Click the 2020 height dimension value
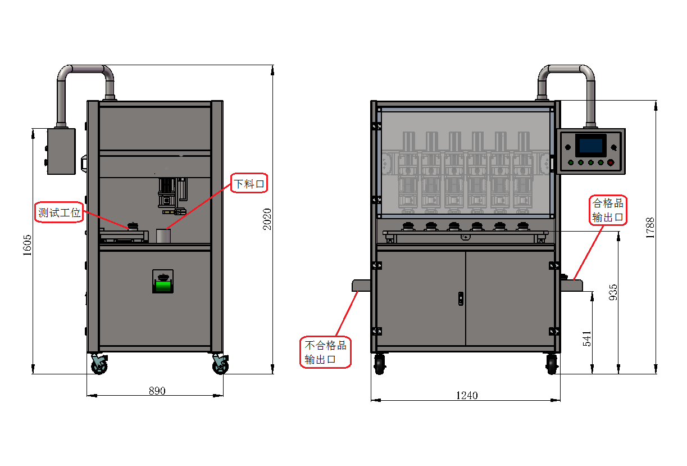coord(267,220)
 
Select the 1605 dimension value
coord(27,246)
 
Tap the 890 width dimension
coord(157,391)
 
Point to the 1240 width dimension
coord(466,396)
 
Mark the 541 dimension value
coord(587,338)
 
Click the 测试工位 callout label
coord(58,213)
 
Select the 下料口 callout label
coord(248,183)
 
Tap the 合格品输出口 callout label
coord(607,210)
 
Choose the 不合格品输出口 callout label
coord(325,352)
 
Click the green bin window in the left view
coord(163,286)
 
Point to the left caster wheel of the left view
coord(99,365)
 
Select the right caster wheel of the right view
coord(552,364)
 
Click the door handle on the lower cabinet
coord(461,298)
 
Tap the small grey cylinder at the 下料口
coord(163,236)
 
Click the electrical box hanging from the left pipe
coord(61,151)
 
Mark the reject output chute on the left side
coord(361,286)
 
